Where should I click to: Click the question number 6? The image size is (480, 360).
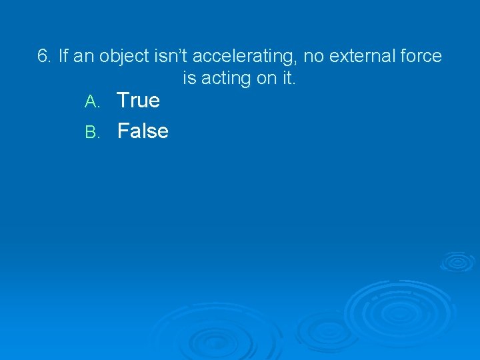pyautogui.click(x=44, y=56)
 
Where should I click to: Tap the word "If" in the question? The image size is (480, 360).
pyautogui.click(x=64, y=56)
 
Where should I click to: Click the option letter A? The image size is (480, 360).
pyautogui.click(x=92, y=102)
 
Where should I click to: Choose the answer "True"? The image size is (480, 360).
pyautogui.click(x=139, y=101)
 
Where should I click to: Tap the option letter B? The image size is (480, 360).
pyautogui.click(x=92, y=132)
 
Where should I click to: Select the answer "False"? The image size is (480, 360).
pyautogui.click(x=143, y=131)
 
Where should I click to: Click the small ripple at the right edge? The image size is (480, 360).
pyautogui.click(x=457, y=261)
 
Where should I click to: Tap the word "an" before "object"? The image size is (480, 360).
pyautogui.click(x=83, y=56)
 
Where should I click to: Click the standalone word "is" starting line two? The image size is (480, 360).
pyautogui.click(x=190, y=78)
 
